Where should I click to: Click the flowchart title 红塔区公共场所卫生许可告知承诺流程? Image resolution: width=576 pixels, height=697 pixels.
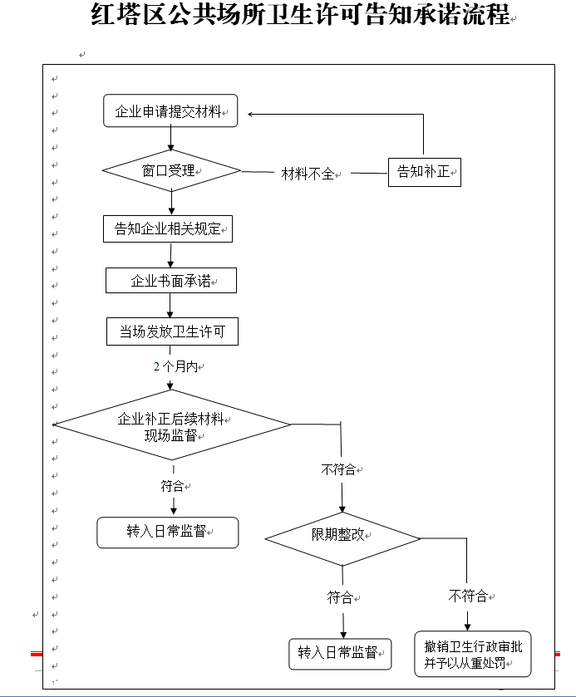pos(299,15)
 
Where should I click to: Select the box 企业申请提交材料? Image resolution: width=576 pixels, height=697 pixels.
pos(170,111)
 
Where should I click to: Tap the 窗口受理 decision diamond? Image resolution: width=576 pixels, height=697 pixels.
pos(170,170)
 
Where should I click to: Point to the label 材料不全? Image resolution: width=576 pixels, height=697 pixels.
pos(308,174)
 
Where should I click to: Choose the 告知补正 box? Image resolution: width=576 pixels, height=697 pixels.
pos(424,173)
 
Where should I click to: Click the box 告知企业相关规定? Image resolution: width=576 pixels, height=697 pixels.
pos(168,228)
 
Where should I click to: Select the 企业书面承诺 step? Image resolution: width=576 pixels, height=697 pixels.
pos(170,281)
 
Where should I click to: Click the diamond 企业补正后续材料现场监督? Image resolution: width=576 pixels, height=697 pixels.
pos(172,425)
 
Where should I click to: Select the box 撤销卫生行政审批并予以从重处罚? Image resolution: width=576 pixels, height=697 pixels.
pos(473,655)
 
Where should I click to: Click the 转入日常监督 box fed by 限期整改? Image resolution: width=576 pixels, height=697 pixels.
pos(340,653)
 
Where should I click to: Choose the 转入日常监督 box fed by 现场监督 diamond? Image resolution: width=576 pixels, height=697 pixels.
pos(167,533)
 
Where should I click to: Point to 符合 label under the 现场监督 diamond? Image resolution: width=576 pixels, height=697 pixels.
pos(174,486)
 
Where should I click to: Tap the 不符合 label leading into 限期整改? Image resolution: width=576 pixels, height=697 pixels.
pos(339,469)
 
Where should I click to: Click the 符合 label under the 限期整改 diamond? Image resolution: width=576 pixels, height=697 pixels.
pos(341,596)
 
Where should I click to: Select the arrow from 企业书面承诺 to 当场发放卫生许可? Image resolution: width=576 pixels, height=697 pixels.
pos(171,305)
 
